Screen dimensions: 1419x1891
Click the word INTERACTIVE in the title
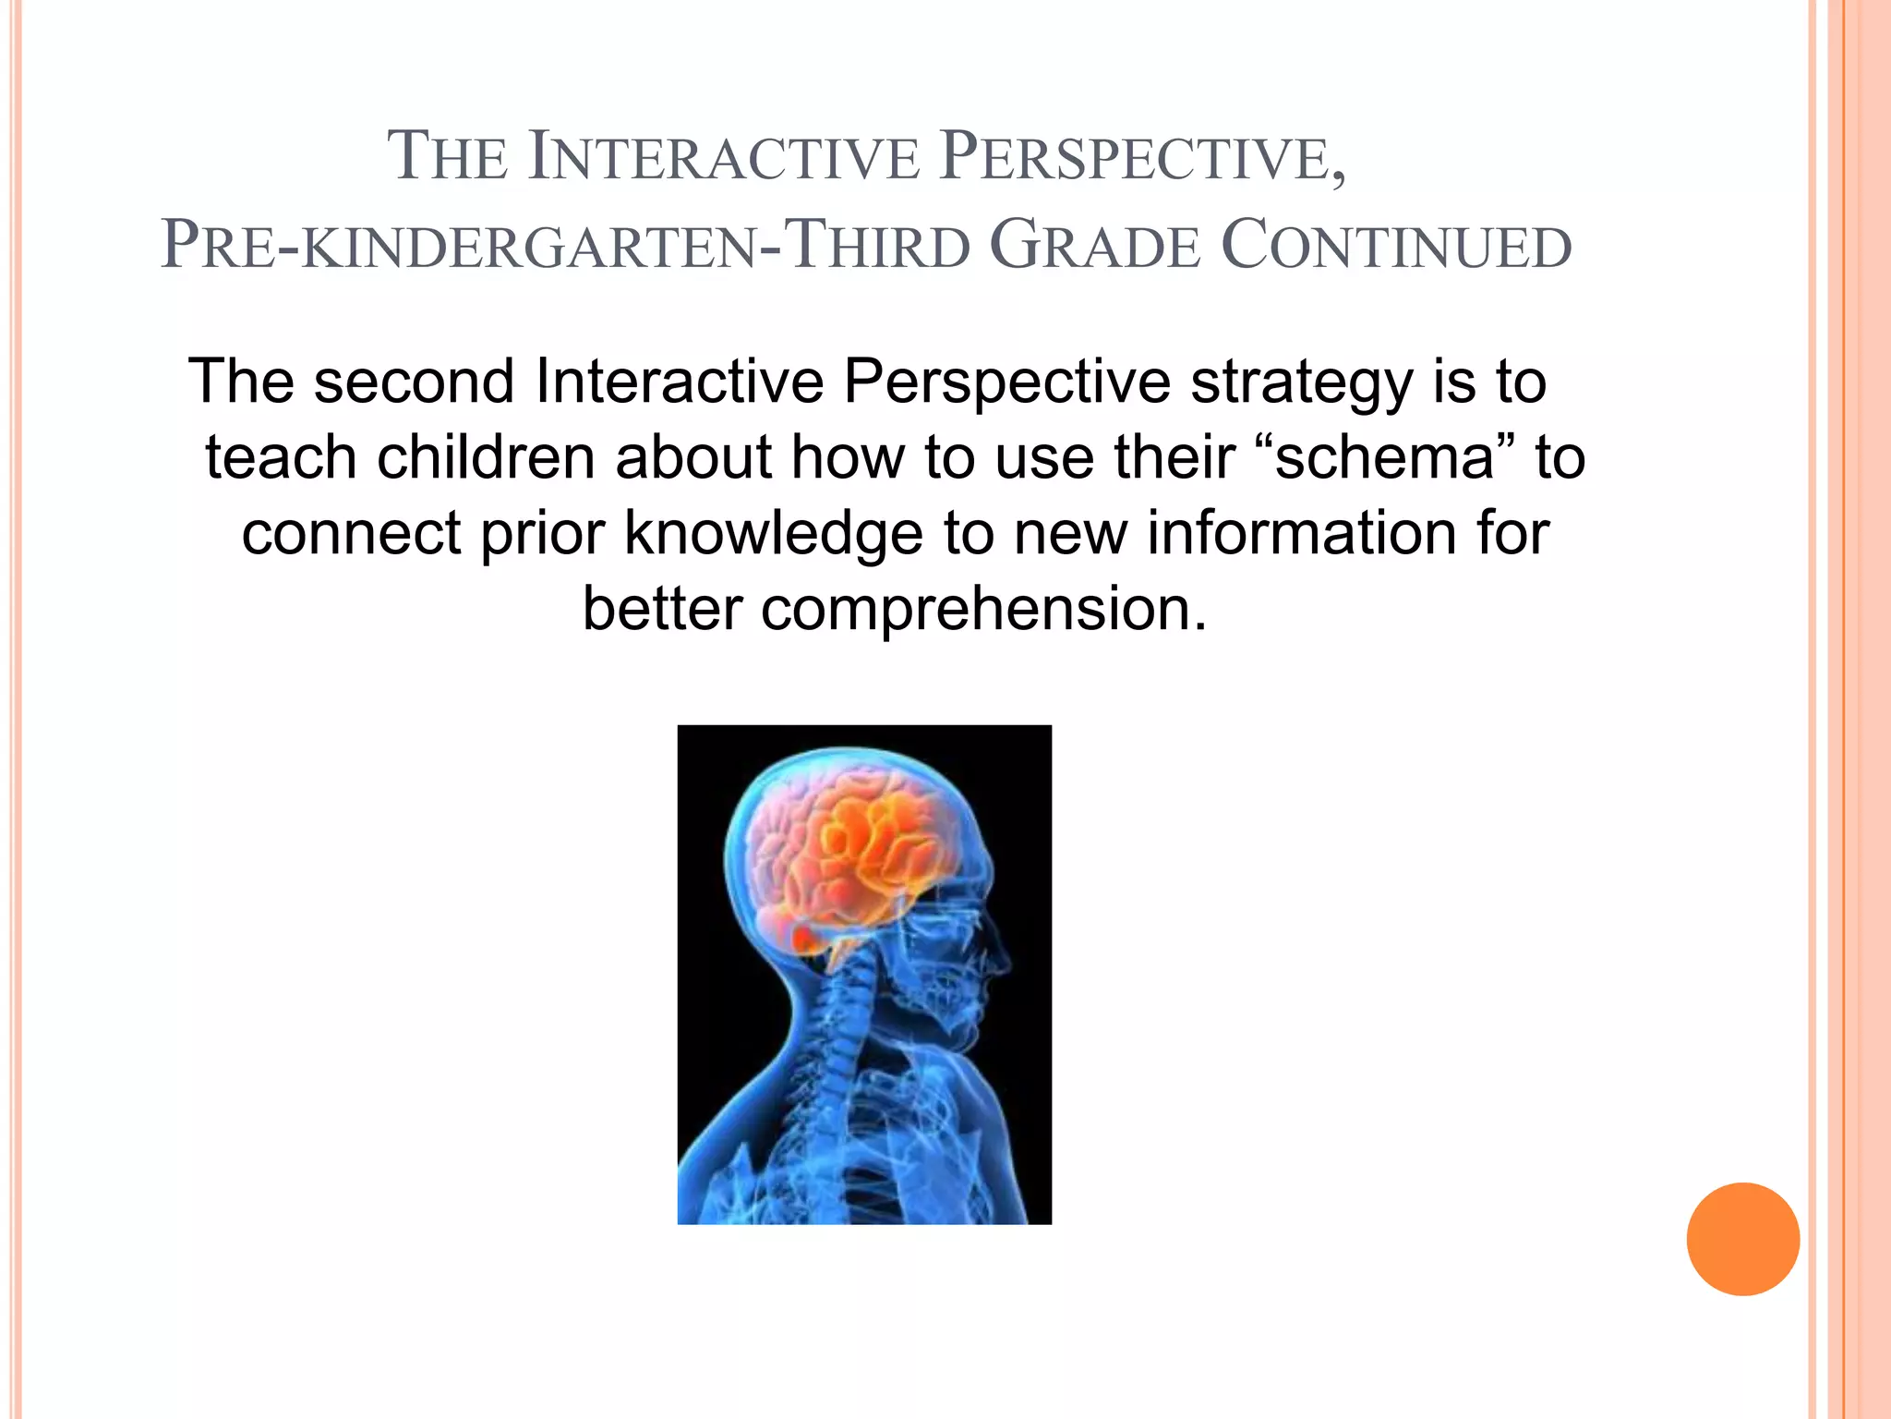click(x=725, y=157)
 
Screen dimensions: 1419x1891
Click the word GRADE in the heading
click(x=1095, y=247)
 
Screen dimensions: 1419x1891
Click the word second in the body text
click(x=414, y=381)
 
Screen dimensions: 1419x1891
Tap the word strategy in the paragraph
click(x=1301, y=381)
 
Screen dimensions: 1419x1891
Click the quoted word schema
click(x=1385, y=457)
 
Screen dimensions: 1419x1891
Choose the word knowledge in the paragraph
click(x=773, y=533)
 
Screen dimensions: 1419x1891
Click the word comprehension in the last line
click(x=984, y=610)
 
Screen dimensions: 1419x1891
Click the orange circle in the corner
click(x=1742, y=1239)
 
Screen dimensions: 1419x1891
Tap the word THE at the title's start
click(x=447, y=157)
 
